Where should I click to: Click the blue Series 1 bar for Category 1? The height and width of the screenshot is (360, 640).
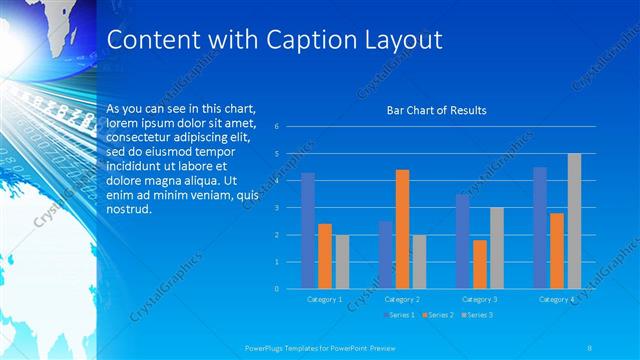coord(308,231)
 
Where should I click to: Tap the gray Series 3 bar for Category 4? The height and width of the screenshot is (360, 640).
coord(574,221)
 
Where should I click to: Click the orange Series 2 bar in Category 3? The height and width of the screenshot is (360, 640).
coord(480,264)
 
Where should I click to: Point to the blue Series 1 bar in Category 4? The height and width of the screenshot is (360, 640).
coord(540,228)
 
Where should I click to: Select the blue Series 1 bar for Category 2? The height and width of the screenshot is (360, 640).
coord(386,255)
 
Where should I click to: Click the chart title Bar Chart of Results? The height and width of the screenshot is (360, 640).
coord(437,110)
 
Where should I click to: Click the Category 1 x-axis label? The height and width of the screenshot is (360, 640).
coord(323,299)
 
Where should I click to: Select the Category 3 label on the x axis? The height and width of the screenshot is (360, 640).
coord(479,299)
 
